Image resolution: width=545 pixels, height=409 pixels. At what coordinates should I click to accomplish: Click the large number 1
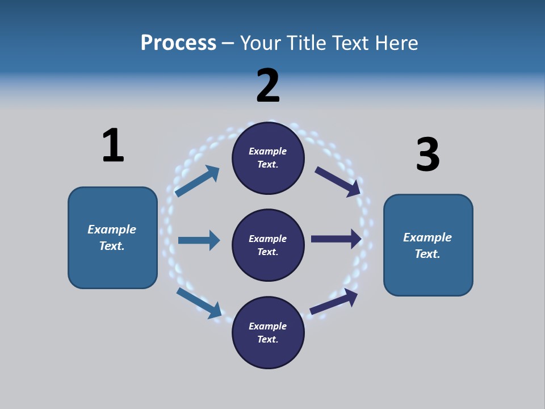[113, 145]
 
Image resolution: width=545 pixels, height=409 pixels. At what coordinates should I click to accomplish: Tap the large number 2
[268, 85]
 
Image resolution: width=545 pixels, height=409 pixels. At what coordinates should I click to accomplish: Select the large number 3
[427, 155]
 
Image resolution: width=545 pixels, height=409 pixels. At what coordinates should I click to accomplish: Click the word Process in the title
[178, 43]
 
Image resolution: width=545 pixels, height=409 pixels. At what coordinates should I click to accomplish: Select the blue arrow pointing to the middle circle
[199, 240]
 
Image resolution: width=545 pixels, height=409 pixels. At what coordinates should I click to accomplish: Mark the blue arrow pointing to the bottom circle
[199, 302]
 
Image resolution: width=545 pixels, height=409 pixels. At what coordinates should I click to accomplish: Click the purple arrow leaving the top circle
[338, 181]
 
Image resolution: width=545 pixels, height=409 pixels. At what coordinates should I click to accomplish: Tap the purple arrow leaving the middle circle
[336, 239]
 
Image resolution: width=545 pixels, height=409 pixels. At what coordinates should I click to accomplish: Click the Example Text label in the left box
[112, 237]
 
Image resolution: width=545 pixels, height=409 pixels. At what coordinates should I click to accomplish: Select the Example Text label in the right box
[427, 245]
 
